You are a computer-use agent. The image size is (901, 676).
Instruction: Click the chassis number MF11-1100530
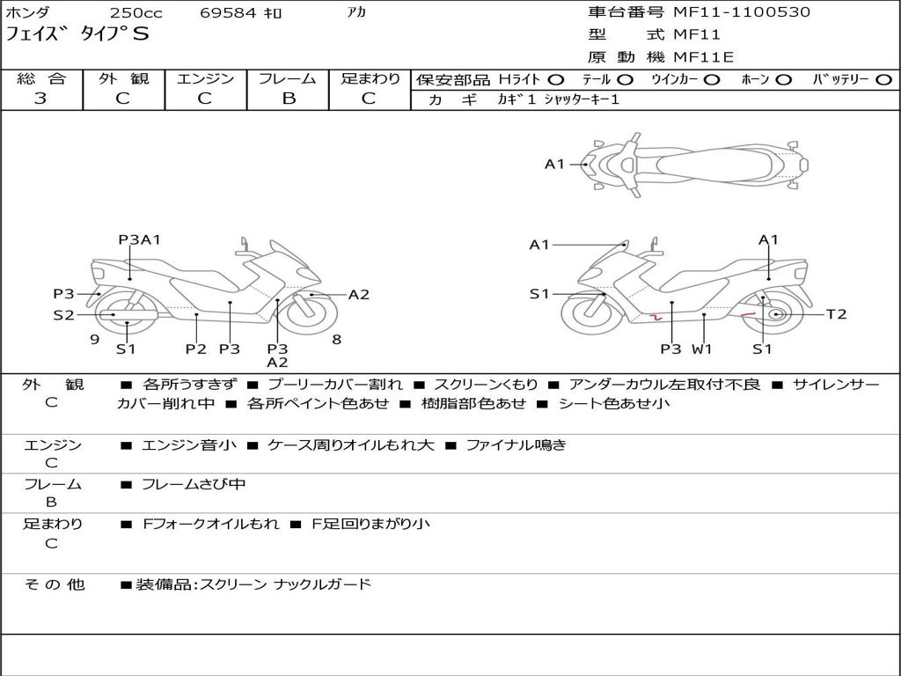pos(742,12)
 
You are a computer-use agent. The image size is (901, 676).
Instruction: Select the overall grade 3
pos(40,99)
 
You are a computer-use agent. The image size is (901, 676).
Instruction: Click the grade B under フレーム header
pos(289,99)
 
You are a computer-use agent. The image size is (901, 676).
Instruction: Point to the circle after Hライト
pos(556,80)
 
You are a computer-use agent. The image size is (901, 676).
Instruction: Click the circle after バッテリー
pos(883,80)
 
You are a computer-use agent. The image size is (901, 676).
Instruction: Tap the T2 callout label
pos(836,314)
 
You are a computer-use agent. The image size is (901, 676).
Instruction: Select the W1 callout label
pos(701,349)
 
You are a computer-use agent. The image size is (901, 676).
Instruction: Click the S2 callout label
pos(63,314)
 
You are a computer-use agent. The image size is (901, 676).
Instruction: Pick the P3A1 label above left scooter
pos(139,239)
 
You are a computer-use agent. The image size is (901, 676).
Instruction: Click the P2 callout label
pos(196,349)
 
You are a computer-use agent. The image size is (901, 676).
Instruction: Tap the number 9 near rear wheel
pos(95,339)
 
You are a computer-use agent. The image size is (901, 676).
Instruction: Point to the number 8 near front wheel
pos(337,339)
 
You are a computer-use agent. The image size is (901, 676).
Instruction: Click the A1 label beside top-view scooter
pos(554,165)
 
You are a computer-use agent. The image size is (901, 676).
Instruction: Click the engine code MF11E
pos(703,57)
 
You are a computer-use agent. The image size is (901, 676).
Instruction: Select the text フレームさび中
pos(193,485)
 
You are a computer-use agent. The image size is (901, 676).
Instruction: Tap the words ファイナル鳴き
pos(516,445)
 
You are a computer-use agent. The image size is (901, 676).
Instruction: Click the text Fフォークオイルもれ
pos(210,525)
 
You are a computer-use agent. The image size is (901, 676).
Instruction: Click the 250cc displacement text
pos(136,12)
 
